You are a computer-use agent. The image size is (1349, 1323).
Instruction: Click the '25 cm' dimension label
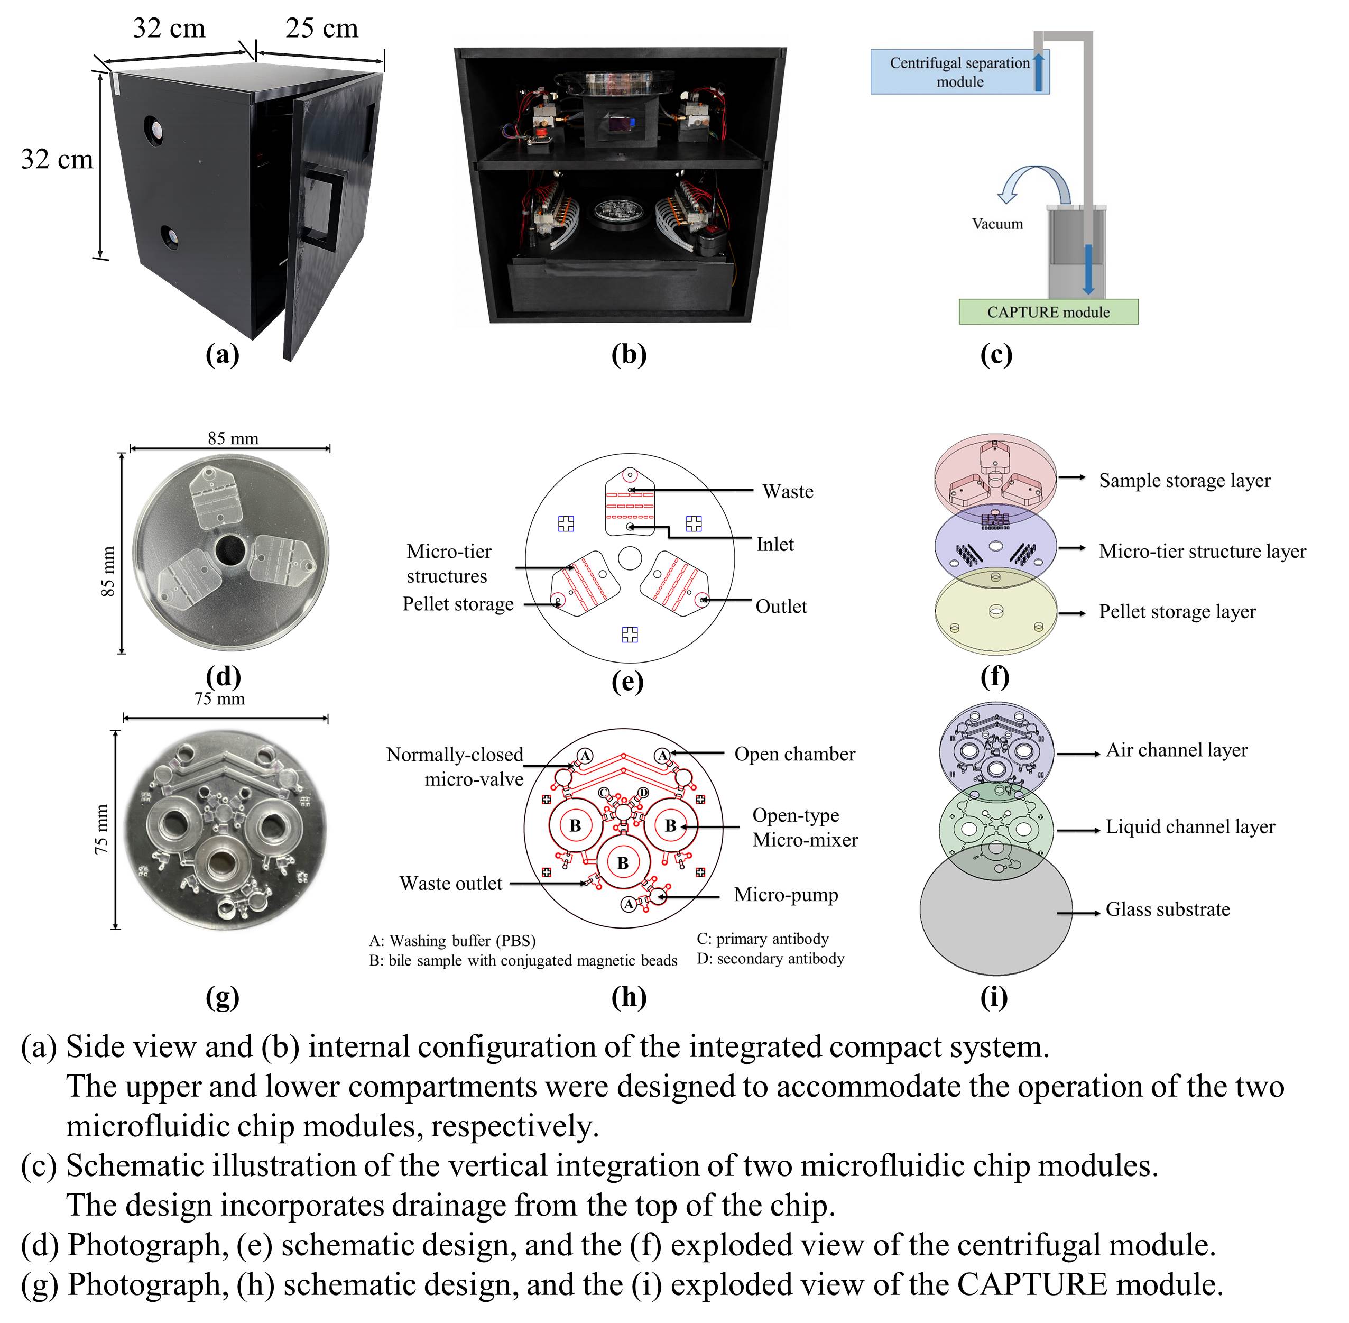(321, 29)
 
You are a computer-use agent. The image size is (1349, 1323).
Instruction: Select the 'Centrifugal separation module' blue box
(960, 71)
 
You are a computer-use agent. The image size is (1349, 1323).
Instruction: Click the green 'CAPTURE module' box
(1048, 312)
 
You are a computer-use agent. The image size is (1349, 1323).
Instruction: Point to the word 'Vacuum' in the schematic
(997, 224)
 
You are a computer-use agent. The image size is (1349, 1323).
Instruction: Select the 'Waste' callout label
(788, 491)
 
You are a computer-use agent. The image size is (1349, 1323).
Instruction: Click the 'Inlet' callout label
(774, 544)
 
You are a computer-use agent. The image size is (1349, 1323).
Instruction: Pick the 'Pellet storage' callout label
(458, 604)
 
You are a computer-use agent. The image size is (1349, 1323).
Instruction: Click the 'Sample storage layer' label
(1185, 480)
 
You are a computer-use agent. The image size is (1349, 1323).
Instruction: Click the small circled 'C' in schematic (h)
(604, 793)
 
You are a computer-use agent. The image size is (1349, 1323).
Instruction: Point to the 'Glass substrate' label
(1168, 909)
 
